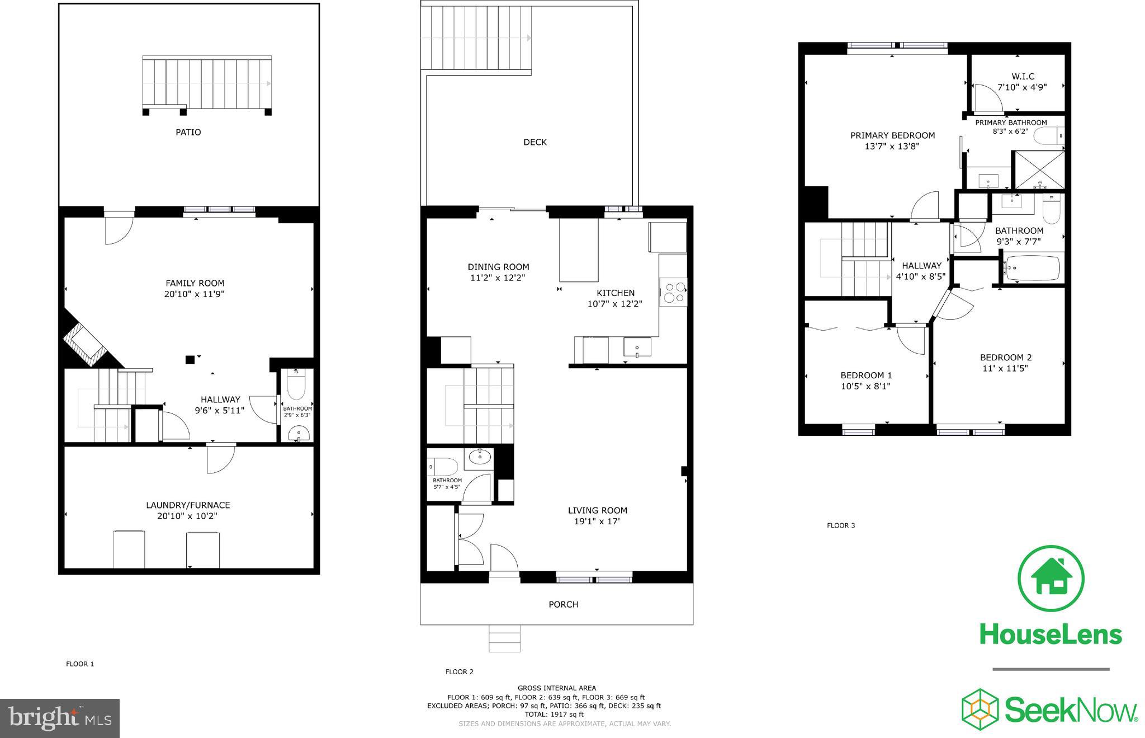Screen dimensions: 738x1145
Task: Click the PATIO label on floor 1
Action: point(188,133)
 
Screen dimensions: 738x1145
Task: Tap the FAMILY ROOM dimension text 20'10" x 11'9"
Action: point(194,294)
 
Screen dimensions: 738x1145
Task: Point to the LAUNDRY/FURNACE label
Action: point(188,505)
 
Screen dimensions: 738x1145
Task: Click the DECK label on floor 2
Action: point(535,142)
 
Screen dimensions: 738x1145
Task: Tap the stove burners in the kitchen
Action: point(673,292)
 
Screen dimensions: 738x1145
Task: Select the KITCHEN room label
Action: point(616,293)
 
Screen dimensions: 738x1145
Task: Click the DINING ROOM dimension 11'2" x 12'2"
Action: point(498,278)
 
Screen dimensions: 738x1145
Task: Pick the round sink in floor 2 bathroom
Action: point(480,457)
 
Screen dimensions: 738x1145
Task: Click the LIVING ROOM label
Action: point(598,510)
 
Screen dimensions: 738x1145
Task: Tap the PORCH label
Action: point(563,604)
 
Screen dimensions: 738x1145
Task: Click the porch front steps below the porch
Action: point(504,638)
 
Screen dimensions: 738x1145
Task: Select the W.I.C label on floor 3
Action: point(1023,77)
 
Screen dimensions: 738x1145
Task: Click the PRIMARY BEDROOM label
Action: point(892,135)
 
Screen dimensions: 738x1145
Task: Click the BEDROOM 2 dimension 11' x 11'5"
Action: point(1005,368)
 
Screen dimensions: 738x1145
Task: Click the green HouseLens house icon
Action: point(1051,579)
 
